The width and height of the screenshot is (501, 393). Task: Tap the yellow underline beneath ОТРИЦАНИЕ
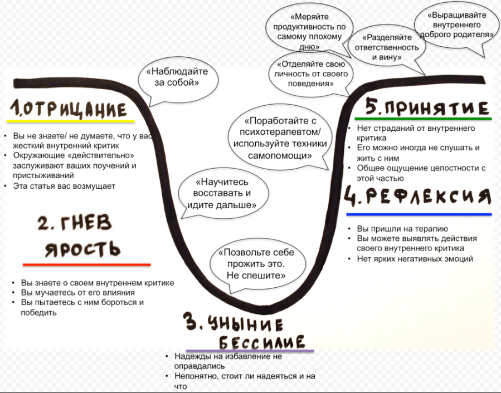coord(71,121)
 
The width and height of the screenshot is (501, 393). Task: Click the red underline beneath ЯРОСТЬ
coord(86,264)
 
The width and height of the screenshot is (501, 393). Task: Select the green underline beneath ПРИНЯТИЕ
coord(423,119)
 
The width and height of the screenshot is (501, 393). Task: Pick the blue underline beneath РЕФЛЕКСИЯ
coord(419,214)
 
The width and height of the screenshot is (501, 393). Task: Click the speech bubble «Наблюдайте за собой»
coord(177,78)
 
